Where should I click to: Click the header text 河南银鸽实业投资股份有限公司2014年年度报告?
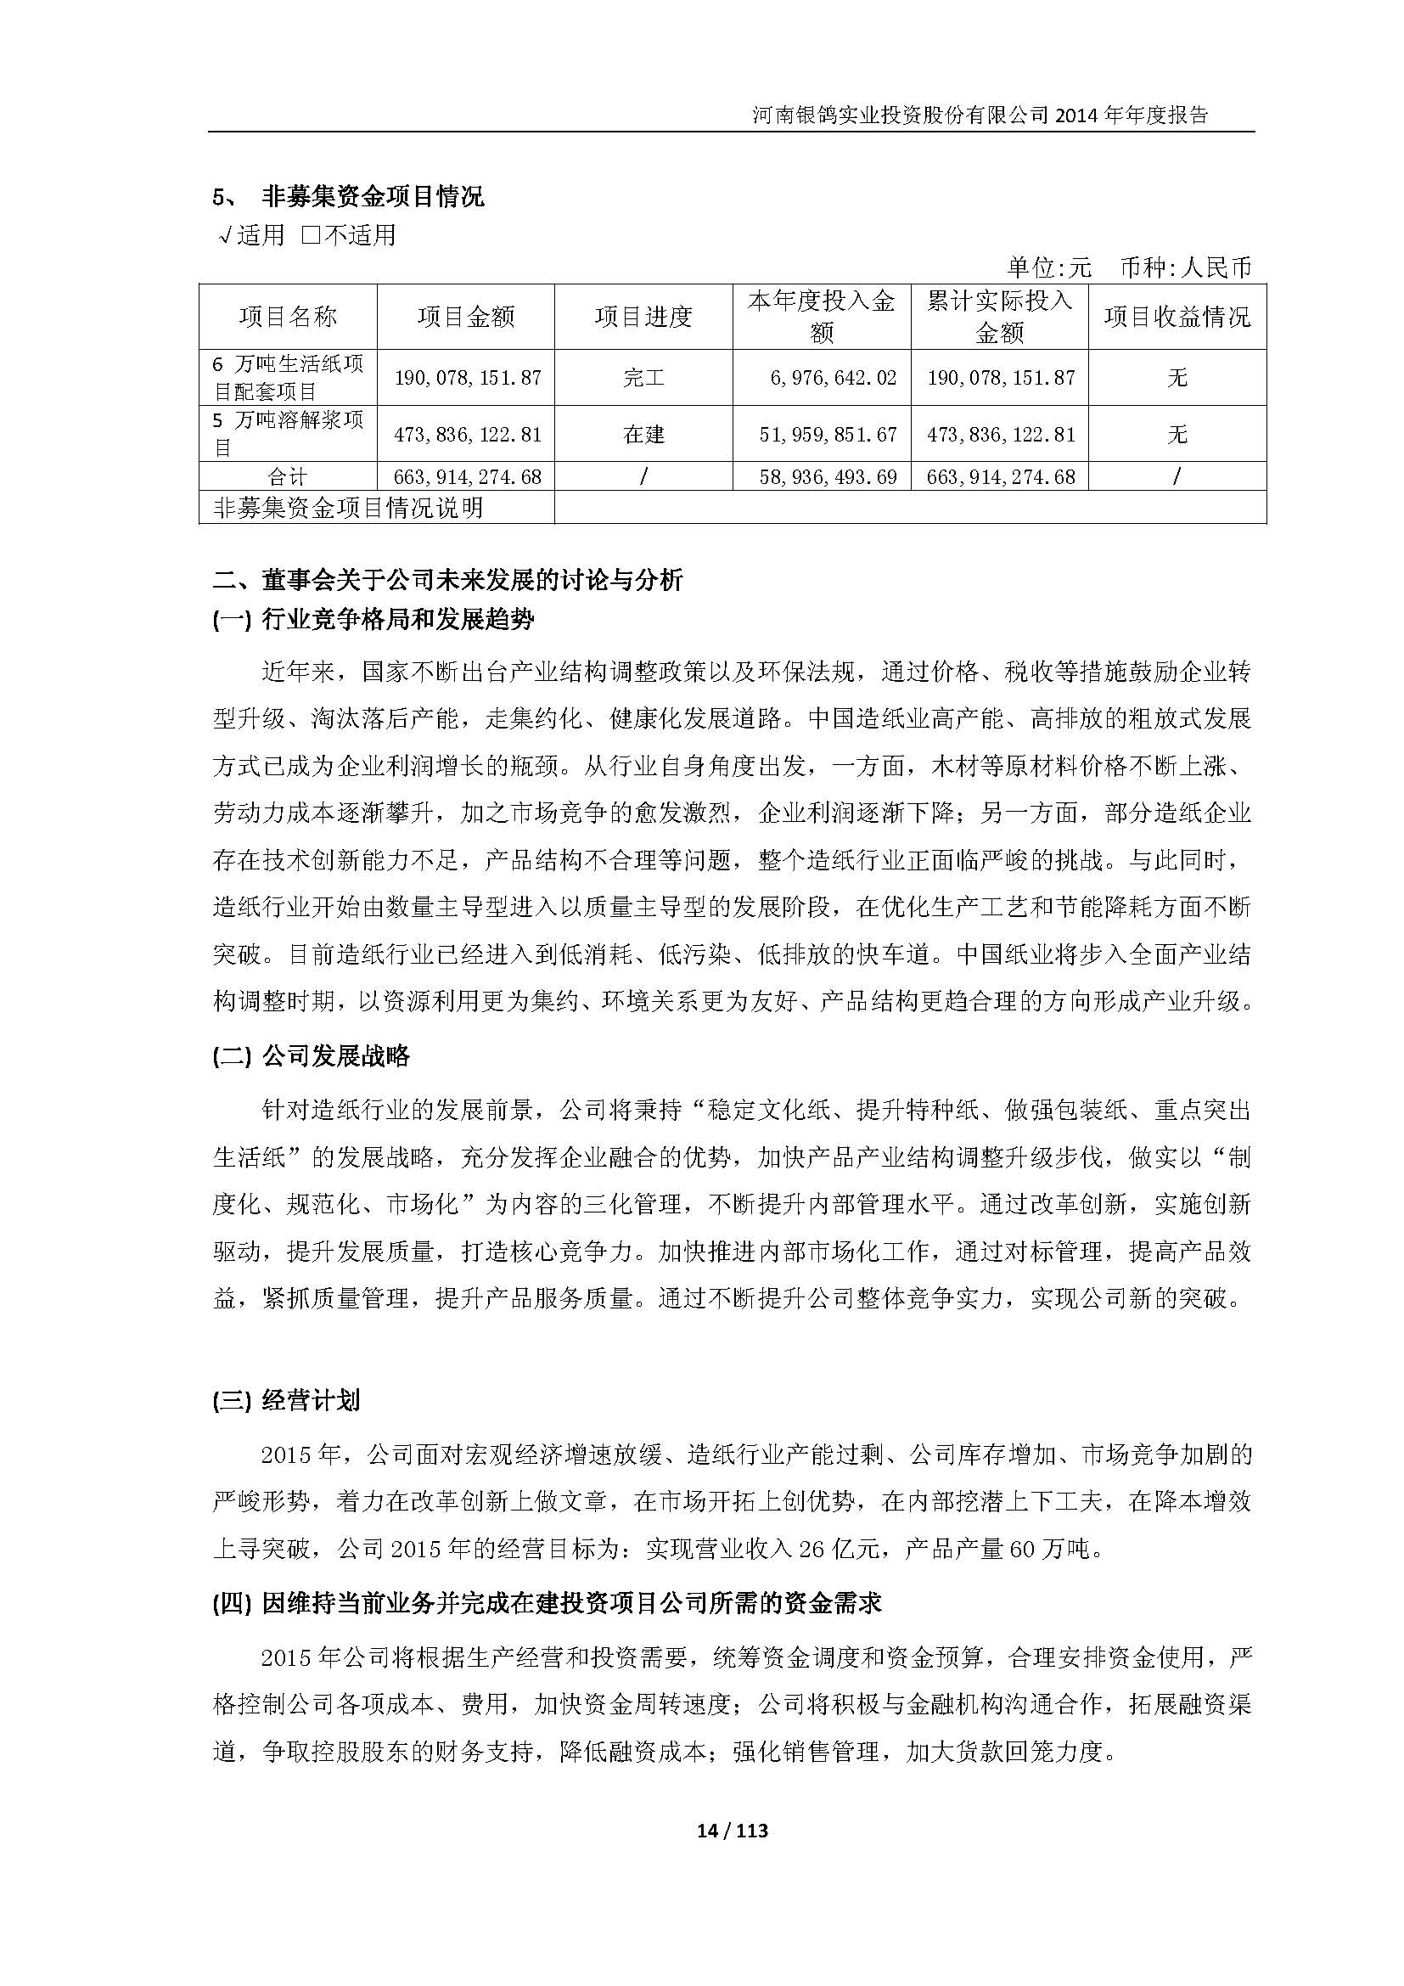coord(980,115)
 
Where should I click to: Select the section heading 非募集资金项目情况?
coord(373,197)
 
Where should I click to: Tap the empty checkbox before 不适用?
coord(312,235)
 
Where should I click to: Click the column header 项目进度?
coord(643,317)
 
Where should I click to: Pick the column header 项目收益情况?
coord(1177,317)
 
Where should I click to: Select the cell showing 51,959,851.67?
coord(828,434)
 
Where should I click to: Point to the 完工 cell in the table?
coord(643,378)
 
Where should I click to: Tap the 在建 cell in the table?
coord(643,434)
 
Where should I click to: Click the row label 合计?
coord(288,476)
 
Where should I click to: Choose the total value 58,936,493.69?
coord(828,476)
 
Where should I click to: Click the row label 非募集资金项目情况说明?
coord(348,508)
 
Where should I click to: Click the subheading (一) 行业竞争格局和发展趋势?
coord(373,619)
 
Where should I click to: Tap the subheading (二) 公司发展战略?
coord(312,1055)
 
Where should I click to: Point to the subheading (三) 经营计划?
coord(286,1400)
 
